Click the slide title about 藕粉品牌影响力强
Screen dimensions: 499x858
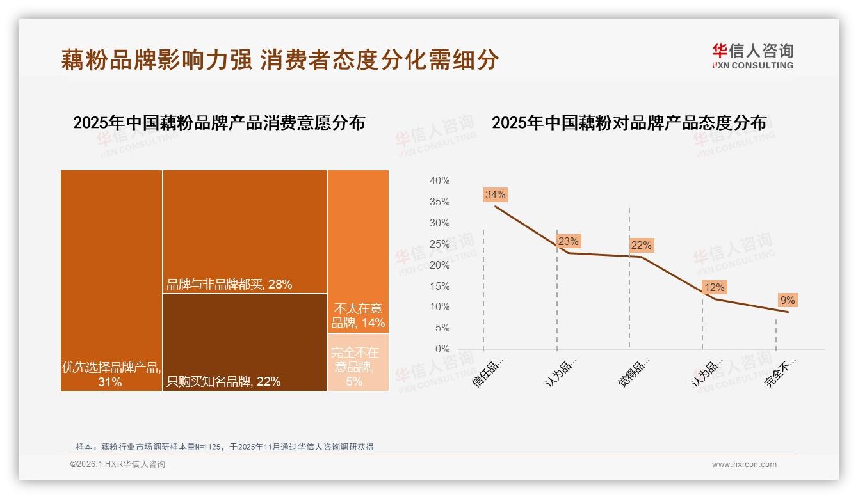[x=280, y=60]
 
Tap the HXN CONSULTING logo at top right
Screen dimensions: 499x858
[x=752, y=56]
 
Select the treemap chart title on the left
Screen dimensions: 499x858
[x=219, y=123]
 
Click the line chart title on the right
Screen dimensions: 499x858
[x=629, y=123]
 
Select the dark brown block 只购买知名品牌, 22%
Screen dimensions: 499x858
[x=245, y=342]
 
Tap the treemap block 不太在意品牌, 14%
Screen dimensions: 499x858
[x=358, y=251]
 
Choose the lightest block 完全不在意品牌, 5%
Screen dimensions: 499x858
[x=358, y=362]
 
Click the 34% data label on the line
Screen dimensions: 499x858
[x=495, y=195]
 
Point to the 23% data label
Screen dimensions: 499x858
[x=568, y=241]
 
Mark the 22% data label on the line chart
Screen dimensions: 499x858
[x=641, y=245]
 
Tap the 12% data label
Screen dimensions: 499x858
[x=714, y=288]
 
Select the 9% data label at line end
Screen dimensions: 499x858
[x=787, y=300]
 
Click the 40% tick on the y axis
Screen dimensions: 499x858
[x=439, y=181]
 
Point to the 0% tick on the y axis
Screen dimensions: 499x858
[x=442, y=349]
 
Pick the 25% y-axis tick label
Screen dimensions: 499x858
[x=439, y=244]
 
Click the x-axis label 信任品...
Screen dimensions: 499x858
[x=489, y=372]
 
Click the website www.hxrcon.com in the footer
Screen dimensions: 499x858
[x=744, y=464]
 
